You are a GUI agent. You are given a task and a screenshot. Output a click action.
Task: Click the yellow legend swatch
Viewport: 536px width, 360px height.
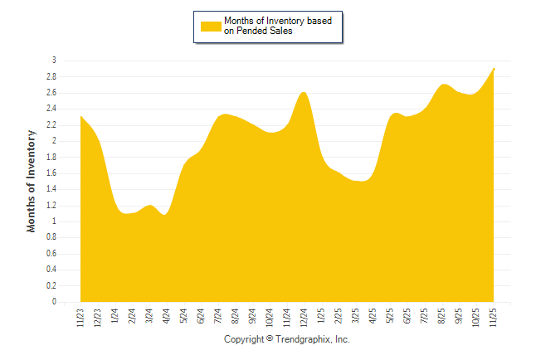212,27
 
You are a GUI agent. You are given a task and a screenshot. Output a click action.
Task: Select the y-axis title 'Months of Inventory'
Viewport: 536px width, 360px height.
32,181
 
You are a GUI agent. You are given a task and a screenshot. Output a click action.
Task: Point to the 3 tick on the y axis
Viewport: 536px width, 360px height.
54,61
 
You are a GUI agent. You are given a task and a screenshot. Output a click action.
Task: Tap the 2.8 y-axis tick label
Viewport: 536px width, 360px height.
51,76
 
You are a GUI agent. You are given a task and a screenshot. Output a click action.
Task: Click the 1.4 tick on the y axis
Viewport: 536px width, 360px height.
51,189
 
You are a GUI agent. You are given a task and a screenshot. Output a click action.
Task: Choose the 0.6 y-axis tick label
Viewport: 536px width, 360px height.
51,254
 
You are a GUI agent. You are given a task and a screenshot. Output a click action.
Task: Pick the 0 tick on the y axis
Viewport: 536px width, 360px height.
54,302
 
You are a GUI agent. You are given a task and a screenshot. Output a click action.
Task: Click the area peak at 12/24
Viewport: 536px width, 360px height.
304,92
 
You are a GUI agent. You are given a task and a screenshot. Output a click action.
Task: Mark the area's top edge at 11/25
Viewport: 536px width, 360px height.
495,68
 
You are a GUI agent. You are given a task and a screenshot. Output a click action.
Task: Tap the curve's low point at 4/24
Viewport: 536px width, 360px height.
166,215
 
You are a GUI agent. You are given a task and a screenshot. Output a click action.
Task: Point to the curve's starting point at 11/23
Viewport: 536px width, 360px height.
80,116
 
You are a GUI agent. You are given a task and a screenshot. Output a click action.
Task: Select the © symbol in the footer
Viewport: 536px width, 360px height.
270,340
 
